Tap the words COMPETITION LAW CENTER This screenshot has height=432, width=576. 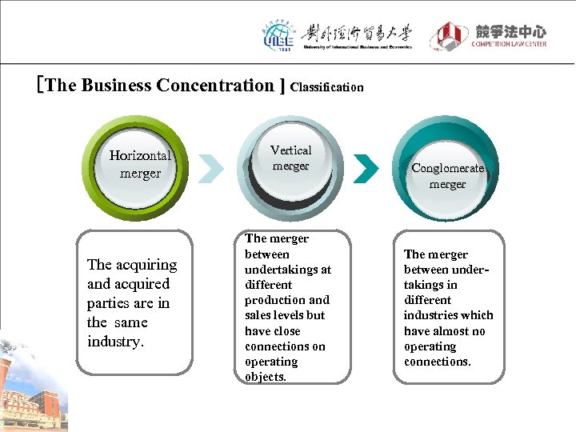click(x=509, y=44)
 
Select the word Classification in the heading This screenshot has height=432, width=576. click(x=327, y=86)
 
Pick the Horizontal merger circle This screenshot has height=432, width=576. click(x=140, y=164)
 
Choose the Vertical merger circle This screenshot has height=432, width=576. click(x=291, y=158)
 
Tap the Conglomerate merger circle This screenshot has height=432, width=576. click(x=448, y=175)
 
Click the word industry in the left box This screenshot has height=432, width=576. click(x=114, y=342)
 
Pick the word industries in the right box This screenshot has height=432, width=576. click(x=432, y=315)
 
